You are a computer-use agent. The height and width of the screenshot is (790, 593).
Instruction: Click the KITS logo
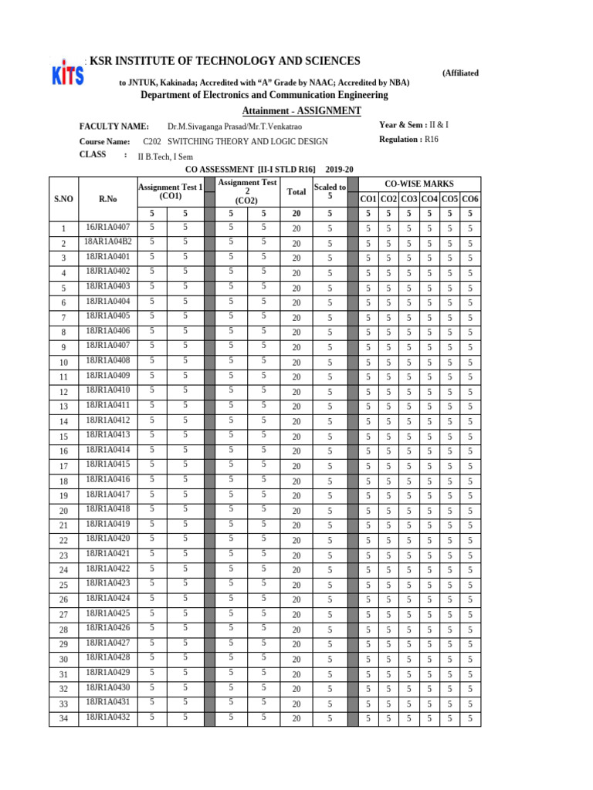click(x=67, y=74)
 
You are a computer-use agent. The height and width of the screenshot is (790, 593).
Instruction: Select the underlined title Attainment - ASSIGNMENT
click(x=301, y=111)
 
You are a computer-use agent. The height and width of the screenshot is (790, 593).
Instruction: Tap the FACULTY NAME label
click(x=114, y=126)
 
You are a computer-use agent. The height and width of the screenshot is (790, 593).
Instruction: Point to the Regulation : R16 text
click(x=409, y=140)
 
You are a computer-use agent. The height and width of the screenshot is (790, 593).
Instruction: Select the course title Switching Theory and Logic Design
click(x=236, y=142)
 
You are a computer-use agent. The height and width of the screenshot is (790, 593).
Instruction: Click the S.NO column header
click(x=63, y=199)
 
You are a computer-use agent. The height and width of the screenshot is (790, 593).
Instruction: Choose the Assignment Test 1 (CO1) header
click(x=169, y=191)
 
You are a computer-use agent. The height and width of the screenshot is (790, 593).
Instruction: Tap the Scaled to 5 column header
click(x=330, y=191)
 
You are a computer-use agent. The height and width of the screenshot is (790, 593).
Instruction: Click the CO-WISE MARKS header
click(x=418, y=184)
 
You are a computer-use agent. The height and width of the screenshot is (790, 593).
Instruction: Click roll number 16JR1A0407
click(x=108, y=228)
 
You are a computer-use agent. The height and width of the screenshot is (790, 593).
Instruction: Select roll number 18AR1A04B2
click(x=108, y=242)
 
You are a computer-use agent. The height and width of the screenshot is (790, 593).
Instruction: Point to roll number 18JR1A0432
click(x=108, y=717)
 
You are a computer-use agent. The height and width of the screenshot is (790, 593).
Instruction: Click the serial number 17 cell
click(x=63, y=466)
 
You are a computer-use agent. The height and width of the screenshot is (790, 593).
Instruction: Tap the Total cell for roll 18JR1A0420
click(x=296, y=540)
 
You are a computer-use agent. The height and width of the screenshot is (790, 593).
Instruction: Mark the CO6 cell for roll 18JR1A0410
click(x=469, y=392)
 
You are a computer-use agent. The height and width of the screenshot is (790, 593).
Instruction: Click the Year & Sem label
click(x=403, y=125)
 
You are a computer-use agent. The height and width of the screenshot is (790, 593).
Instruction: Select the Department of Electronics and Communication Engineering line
click(x=264, y=95)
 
